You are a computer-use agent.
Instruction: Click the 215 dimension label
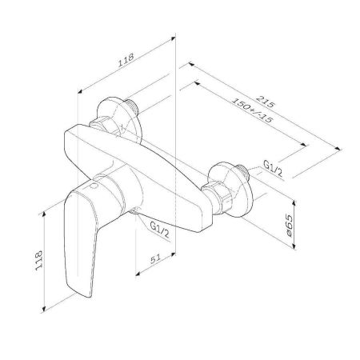[265, 102]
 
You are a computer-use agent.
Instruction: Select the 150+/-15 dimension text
[252, 110]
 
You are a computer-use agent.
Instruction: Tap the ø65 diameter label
[289, 226]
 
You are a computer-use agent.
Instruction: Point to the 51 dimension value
[155, 259]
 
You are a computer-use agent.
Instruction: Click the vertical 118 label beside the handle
[38, 260]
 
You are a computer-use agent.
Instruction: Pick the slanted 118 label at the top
[126, 60]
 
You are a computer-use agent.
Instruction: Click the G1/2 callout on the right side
[273, 169]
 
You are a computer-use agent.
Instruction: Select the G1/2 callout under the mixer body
[159, 230]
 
